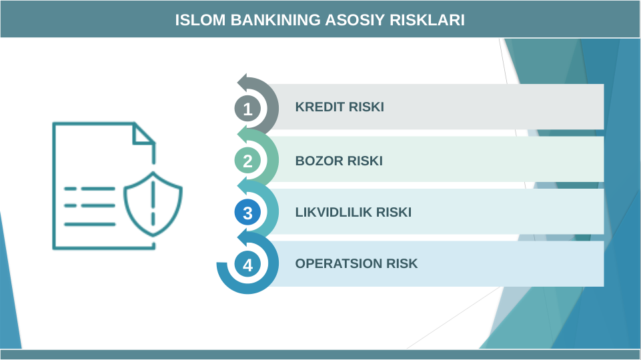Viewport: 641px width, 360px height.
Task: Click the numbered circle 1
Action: pos(248,108)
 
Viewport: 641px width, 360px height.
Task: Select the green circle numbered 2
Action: pos(248,161)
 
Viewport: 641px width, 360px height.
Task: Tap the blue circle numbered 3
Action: pos(248,213)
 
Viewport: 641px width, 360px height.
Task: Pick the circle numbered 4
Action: pos(248,265)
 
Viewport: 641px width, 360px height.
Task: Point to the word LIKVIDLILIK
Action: pos(334,213)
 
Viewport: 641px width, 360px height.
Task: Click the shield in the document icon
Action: pos(153,203)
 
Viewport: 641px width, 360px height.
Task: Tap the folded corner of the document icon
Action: pos(143,133)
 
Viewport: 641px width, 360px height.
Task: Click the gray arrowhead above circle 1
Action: pos(243,82)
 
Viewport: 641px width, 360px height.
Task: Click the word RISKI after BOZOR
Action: pos(365,161)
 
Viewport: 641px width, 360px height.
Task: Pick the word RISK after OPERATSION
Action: pos(402,263)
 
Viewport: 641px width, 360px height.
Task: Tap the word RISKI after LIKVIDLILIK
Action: pos(394,213)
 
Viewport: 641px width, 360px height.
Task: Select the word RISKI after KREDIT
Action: pos(366,107)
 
